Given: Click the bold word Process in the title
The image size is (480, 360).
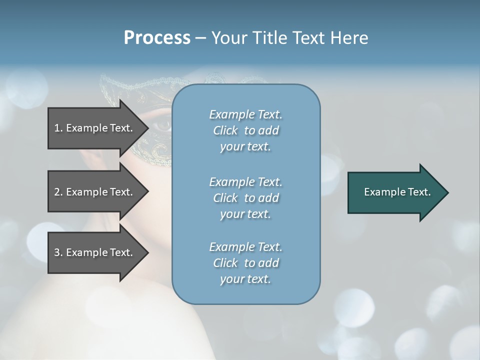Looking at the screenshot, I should tap(157, 38).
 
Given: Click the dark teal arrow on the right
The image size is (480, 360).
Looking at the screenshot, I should tap(395, 192).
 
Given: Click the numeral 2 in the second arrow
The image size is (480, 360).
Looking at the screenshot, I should tap(57, 192).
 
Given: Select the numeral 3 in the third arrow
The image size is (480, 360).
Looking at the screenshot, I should tap(57, 252).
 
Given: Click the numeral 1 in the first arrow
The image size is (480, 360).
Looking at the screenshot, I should tap(57, 128).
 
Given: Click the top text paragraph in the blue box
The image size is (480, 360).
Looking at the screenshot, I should tap(245, 130).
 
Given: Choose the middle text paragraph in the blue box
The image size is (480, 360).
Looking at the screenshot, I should tap(245, 198).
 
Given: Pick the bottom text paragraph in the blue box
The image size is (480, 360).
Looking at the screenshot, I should tap(245, 263).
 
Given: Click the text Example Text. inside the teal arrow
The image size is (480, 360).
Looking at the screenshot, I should tap(397, 192).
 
